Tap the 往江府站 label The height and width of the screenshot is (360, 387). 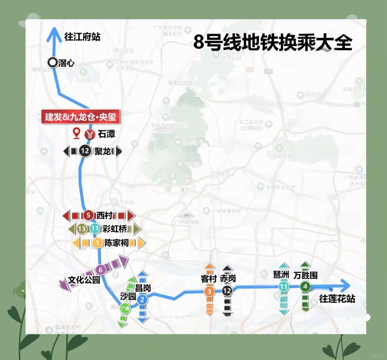[x=82, y=36]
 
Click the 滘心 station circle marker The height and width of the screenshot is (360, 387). [x=52, y=63]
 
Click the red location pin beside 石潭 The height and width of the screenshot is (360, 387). [x=77, y=133]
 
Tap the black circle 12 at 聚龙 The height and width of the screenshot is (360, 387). [x=85, y=152]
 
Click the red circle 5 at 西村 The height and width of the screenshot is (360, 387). [x=89, y=216]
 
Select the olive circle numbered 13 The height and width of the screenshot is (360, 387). [x=82, y=229]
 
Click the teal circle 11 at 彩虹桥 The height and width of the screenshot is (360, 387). [x=94, y=229]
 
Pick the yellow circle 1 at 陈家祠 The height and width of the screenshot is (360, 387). [x=97, y=243]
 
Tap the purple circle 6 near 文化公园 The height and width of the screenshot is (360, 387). [x=101, y=270]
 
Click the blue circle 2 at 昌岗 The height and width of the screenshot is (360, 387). [x=142, y=299]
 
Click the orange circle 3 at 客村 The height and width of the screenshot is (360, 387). [x=209, y=292]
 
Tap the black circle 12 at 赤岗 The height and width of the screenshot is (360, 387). [x=227, y=292]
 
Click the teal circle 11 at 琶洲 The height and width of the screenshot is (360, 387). [x=283, y=287]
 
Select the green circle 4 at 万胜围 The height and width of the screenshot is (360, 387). [x=306, y=287]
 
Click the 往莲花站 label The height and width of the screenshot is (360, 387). [x=337, y=298]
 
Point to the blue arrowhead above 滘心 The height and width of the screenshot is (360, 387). [x=54, y=32]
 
